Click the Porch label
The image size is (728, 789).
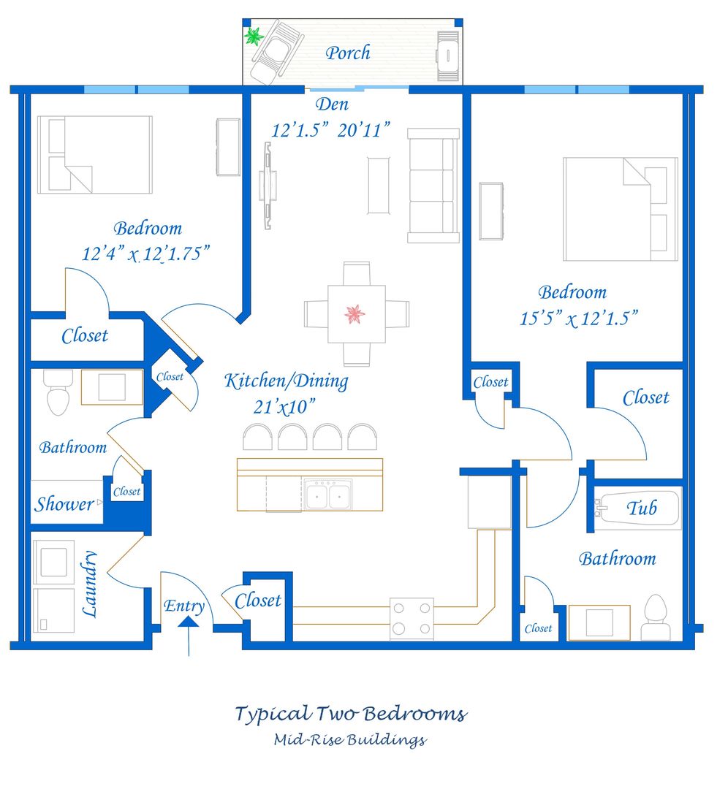point(347,53)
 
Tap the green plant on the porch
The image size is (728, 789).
point(254,37)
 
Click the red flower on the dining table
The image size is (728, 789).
point(355,314)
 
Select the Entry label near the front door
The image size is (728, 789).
point(184,606)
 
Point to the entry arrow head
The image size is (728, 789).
point(189,622)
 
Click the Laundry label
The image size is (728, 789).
point(90,584)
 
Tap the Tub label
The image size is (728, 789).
point(642,508)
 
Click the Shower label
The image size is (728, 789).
point(64,503)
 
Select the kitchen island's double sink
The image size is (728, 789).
point(328,494)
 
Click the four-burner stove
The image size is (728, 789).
point(412,619)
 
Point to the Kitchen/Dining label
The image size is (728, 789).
point(286,381)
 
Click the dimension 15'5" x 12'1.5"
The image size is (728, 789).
point(578,319)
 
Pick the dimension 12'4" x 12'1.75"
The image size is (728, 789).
point(145,254)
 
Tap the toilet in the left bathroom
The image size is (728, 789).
point(58,392)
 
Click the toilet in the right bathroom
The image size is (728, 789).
point(656,617)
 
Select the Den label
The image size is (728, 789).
point(332,104)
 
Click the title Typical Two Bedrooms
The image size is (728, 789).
point(351,714)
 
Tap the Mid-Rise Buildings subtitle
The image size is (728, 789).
point(350,740)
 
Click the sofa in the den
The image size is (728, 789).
point(433,186)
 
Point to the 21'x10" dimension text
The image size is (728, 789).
point(284,407)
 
